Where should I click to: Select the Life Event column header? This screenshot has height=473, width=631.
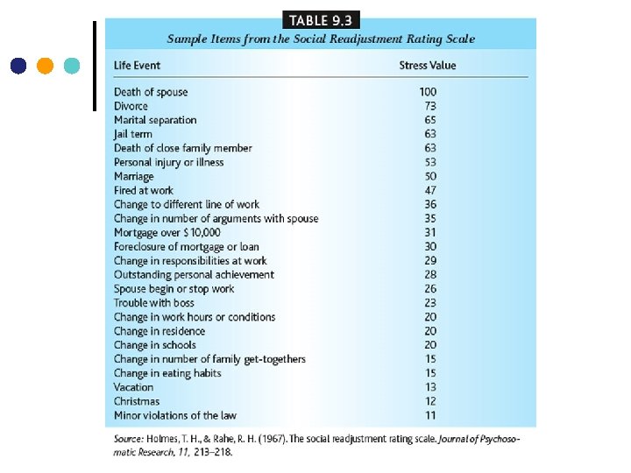click(x=137, y=65)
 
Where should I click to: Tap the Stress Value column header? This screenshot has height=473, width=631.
click(x=427, y=65)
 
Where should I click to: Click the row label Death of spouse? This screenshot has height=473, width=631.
click(x=151, y=92)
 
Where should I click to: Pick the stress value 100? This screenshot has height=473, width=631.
click(x=428, y=92)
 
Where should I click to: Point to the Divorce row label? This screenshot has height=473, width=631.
click(x=131, y=106)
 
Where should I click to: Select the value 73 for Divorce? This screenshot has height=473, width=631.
click(x=430, y=106)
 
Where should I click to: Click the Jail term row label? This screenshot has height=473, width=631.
click(x=133, y=134)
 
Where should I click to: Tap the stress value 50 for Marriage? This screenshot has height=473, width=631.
click(x=430, y=176)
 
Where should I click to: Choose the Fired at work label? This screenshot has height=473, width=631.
click(x=144, y=190)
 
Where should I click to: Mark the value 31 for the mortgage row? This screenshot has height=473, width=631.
click(x=430, y=232)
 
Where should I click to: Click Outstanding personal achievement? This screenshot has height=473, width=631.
click(x=194, y=274)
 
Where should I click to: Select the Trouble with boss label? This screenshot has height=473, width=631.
click(x=154, y=303)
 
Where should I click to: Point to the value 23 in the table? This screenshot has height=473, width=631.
click(x=430, y=303)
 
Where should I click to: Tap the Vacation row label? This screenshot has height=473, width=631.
click(x=133, y=387)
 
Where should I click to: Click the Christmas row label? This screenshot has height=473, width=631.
click(x=137, y=401)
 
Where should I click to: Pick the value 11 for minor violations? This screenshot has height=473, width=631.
click(x=430, y=415)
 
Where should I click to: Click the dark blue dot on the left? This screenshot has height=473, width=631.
click(x=18, y=65)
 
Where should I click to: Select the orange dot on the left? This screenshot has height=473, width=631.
click(x=46, y=65)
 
